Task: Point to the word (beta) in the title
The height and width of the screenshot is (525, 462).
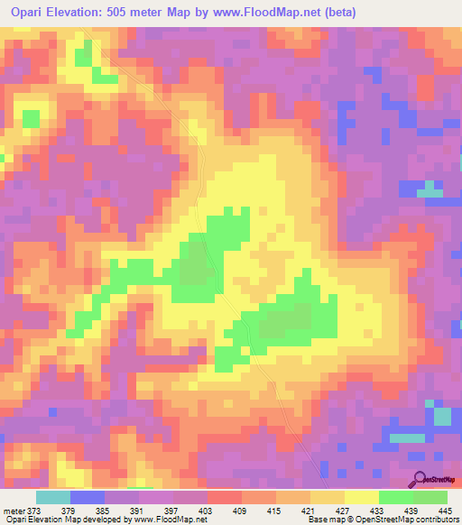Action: coord(336,13)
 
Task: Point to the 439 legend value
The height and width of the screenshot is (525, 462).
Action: coord(405,510)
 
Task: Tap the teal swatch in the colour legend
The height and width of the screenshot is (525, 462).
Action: coord(52,497)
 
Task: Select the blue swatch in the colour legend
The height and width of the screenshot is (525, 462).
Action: coord(87,497)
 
